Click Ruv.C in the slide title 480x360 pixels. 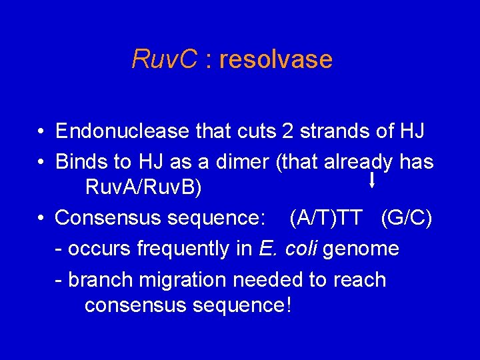tap(165, 59)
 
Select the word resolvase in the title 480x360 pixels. tap(275, 59)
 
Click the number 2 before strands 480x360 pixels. tap(288, 131)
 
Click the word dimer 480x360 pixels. tap(231, 162)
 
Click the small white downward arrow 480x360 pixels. tap(371, 180)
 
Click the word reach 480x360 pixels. tap(361, 279)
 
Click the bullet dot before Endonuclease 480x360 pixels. tap(41, 132)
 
